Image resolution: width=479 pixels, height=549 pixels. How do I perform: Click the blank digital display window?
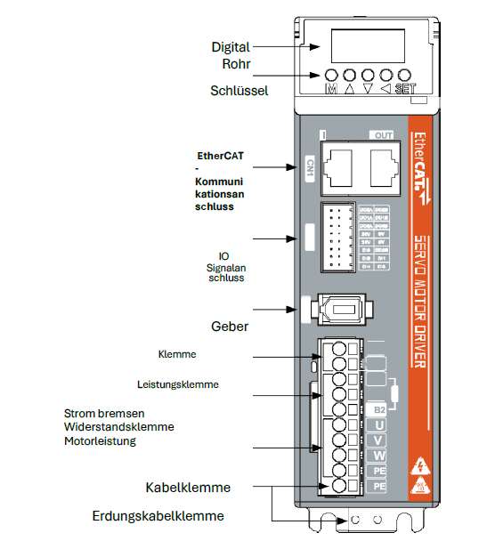tap(367, 43)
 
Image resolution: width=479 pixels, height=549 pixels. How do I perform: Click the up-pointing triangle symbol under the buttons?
tap(349, 90)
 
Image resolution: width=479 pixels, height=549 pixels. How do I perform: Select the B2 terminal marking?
tap(379, 409)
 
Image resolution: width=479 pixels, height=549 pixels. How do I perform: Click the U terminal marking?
tap(379, 424)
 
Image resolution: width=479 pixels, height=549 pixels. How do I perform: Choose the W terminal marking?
tap(379, 456)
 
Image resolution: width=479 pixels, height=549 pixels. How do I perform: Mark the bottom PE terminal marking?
tap(379, 487)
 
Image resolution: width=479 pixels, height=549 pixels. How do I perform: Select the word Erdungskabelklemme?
tap(158, 516)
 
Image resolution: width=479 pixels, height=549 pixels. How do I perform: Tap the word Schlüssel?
tap(239, 90)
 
